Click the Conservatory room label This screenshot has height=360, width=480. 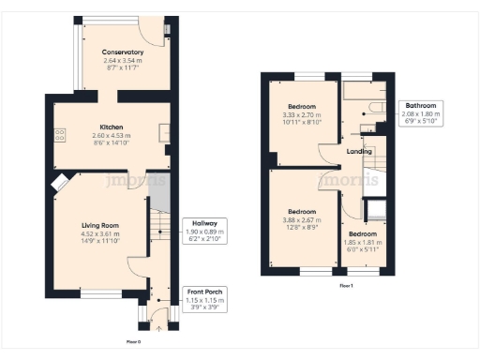(123, 52)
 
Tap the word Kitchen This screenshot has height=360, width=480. (113, 127)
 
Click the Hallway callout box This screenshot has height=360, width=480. (199, 229)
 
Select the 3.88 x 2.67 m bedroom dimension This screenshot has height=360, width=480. (302, 219)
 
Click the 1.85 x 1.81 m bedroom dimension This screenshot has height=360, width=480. (362, 241)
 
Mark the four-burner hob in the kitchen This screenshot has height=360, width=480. (60, 135)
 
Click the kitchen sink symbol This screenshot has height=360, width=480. (165, 132)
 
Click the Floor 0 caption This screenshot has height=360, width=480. (132, 342)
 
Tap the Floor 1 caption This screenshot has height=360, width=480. (346, 284)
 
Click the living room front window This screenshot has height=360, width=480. (97, 293)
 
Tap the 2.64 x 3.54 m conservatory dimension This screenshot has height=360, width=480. (123, 62)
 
